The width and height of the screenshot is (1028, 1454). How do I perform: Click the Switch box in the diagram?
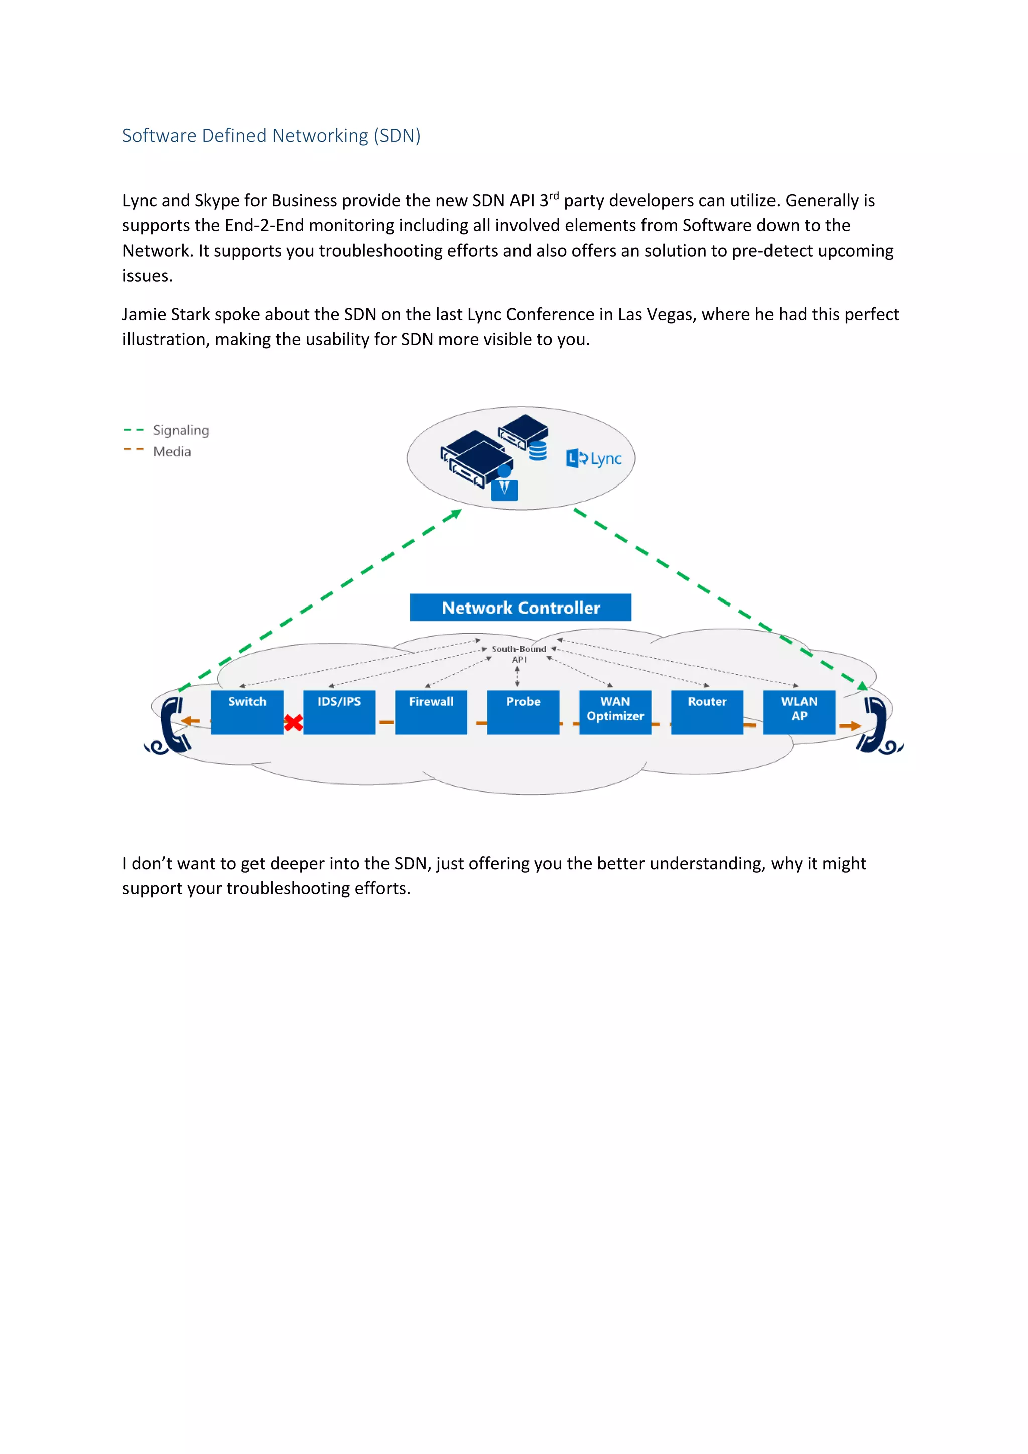tap(247, 712)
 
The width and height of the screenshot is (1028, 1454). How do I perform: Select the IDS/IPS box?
tap(339, 712)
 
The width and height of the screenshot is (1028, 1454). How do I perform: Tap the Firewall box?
tap(431, 712)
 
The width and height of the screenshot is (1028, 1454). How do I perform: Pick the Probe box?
tap(523, 712)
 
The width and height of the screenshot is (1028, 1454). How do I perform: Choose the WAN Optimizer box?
tap(615, 712)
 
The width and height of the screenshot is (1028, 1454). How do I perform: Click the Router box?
tap(707, 712)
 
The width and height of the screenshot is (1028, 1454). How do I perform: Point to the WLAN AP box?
tap(799, 712)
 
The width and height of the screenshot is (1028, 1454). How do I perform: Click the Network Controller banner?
tap(521, 608)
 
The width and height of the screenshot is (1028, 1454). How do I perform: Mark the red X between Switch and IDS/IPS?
tap(293, 722)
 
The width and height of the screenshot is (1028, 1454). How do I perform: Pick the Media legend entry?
tap(172, 451)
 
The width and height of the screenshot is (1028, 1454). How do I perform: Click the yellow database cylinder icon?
tap(538, 451)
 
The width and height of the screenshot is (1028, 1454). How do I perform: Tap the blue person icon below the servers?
tap(504, 484)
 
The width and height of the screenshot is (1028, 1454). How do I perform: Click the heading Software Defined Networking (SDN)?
tap(271, 136)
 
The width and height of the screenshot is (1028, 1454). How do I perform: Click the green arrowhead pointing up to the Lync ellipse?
tap(454, 514)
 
